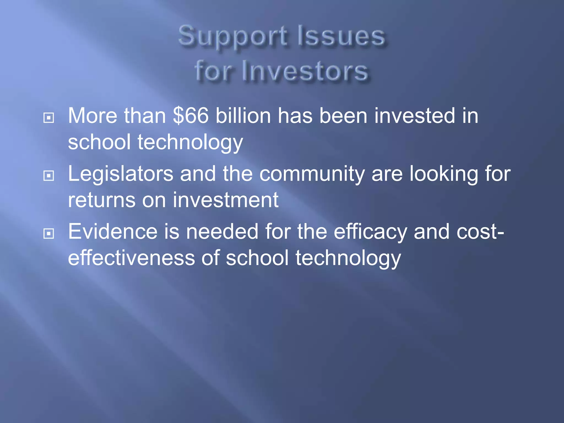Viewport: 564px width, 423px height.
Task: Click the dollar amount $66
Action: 191,116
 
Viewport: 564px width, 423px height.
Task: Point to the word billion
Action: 243,116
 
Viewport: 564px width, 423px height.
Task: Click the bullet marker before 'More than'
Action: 49,118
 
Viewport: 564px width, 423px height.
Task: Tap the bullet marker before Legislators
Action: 49,176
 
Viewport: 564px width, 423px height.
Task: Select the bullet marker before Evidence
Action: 49,234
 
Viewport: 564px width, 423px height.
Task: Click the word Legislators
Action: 121,174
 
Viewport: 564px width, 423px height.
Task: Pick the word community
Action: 312,174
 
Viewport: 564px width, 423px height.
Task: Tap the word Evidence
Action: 113,232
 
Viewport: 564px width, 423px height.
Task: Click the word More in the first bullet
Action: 93,116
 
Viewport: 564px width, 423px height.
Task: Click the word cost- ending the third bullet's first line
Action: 480,232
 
